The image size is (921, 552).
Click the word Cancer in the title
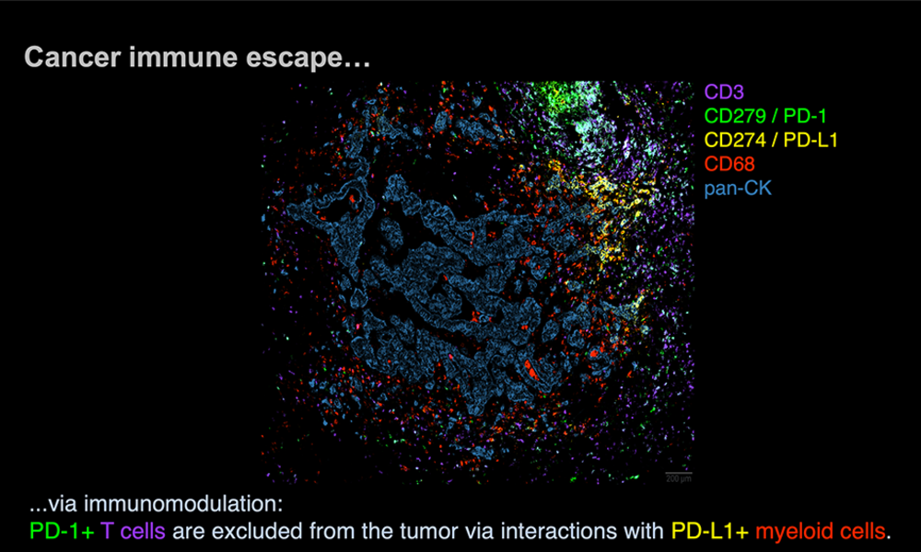(73, 57)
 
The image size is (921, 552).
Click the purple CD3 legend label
(724, 92)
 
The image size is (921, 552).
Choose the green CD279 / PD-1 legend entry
(765, 116)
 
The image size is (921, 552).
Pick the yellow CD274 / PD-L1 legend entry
(771, 140)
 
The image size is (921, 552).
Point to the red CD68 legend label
(729, 165)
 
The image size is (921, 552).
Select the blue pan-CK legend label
(738, 189)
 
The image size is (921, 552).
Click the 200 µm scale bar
(679, 473)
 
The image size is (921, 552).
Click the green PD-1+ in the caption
(62, 531)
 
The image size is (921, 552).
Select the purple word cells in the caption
(143, 531)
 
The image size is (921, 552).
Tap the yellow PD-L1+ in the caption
(710, 531)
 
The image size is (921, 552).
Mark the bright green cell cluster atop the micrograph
(565, 98)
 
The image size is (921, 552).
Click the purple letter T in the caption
(107, 531)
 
